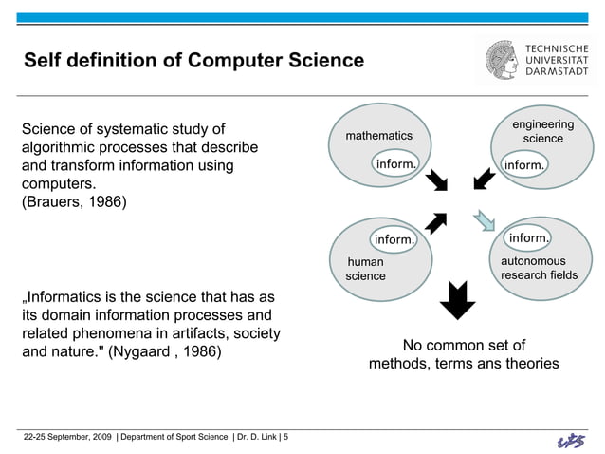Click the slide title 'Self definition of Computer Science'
click(193, 61)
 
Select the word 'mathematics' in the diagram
click(378, 136)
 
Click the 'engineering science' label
click(542, 132)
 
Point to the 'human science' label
click(365, 269)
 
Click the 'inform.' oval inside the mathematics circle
click(395, 163)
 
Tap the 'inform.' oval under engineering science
click(523, 164)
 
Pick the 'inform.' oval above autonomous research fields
click(528, 236)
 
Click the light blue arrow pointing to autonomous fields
click(485, 219)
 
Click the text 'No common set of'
click(464, 344)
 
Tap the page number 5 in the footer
click(286, 436)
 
